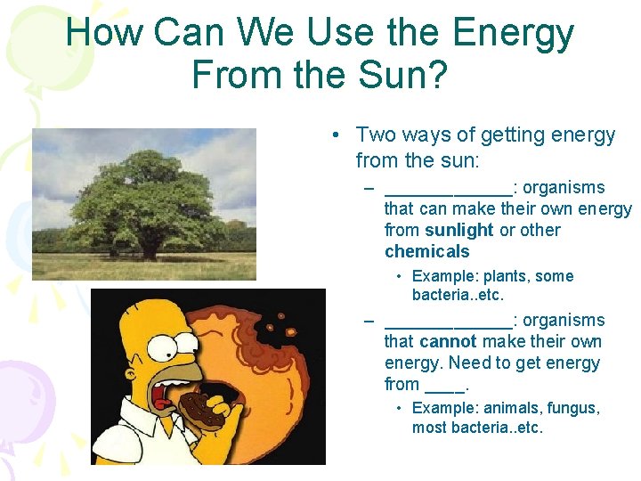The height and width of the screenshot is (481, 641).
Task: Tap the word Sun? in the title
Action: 397,74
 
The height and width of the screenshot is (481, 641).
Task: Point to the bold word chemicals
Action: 426,251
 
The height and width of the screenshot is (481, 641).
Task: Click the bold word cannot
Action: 448,341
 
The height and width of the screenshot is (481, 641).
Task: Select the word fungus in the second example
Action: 573,408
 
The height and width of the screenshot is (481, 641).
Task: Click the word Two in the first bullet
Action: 373,135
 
